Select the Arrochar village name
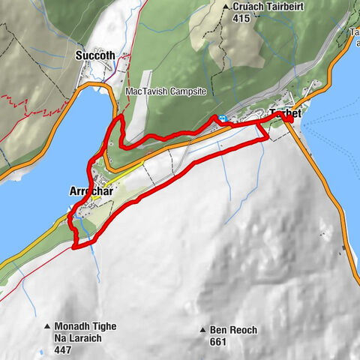tap(88, 190)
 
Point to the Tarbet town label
tap(285, 113)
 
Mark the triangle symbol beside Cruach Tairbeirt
tap(226, 7)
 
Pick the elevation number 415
tap(241, 18)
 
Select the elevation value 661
tap(218, 341)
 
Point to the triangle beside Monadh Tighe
tap(47, 326)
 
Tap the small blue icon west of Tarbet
tap(223, 118)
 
